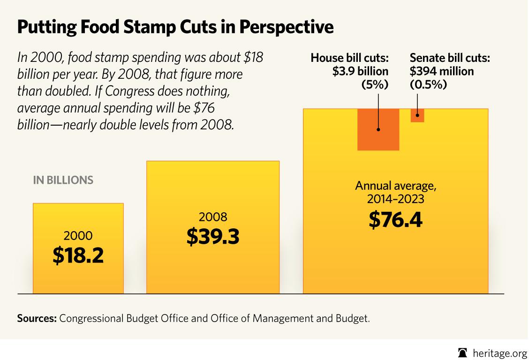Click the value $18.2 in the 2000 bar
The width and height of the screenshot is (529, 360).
pos(78,255)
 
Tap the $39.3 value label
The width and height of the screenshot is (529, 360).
pos(213,236)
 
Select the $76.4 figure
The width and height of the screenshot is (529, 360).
pos(395,219)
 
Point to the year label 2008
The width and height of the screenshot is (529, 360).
pos(213,217)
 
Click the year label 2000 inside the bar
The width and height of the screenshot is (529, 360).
pos(78,235)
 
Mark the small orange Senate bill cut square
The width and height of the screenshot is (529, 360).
pos(417,115)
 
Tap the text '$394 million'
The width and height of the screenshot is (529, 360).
pos(441,71)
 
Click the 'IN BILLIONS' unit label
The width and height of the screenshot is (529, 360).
pos(63,180)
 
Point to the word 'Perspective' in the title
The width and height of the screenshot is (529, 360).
pos(286,27)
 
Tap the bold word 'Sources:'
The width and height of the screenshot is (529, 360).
pos(37,318)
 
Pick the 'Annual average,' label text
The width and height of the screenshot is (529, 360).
pos(395,186)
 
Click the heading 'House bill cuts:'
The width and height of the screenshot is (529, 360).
pos(349,58)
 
